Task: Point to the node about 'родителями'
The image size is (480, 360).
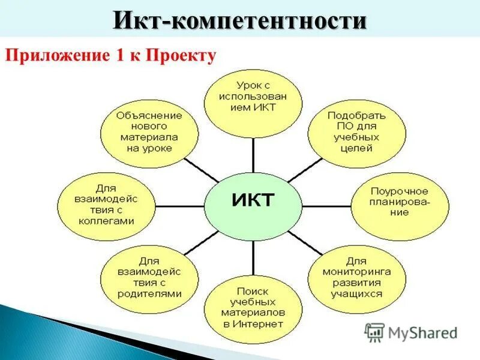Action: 149,278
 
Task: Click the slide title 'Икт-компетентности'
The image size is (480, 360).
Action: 239,21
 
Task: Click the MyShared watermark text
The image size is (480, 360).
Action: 422,332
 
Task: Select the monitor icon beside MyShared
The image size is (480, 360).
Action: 374,331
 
